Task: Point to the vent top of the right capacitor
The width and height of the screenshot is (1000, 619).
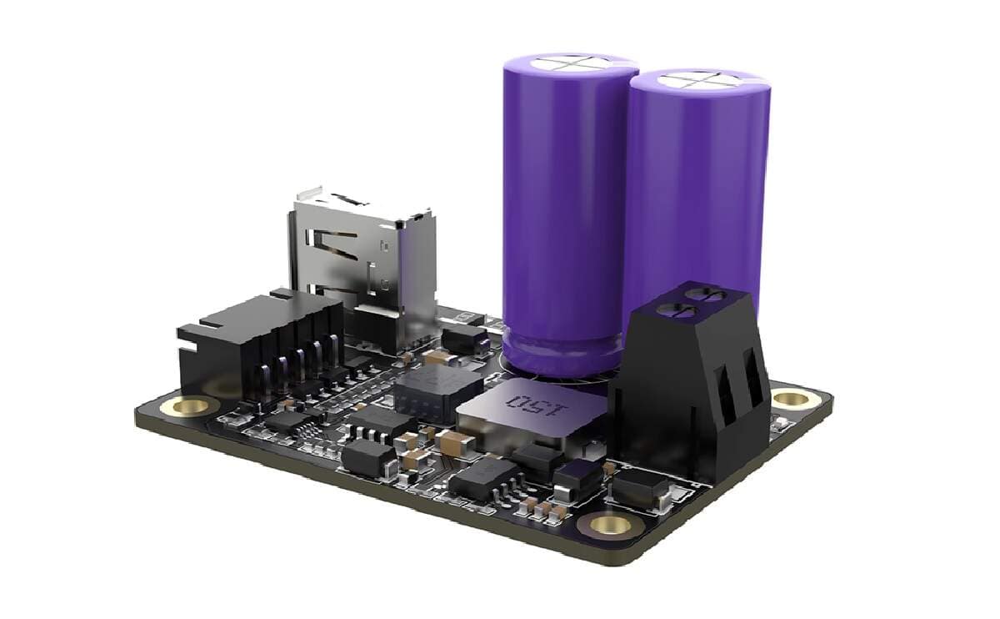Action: [x=700, y=82]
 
